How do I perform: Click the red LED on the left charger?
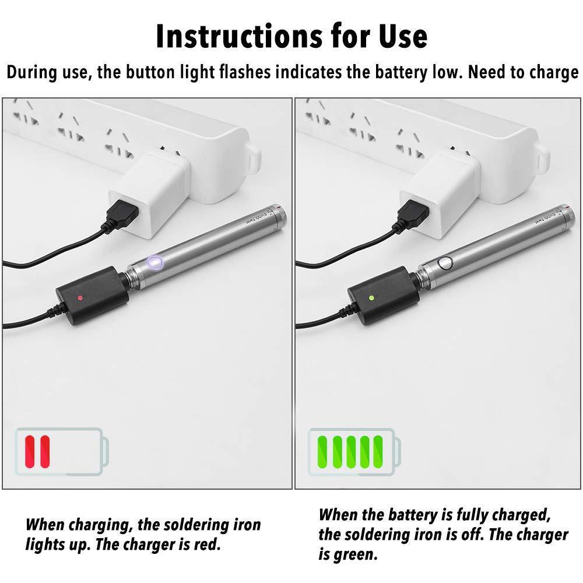79,298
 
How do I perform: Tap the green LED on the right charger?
372,297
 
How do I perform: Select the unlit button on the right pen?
447,262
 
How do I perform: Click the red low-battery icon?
62,451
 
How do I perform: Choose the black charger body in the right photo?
384,298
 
